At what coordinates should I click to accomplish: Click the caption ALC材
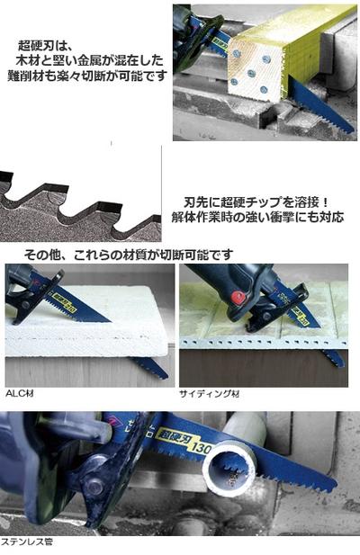tap(20, 393)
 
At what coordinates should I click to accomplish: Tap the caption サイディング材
tap(209, 394)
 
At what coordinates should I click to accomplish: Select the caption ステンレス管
tap(27, 542)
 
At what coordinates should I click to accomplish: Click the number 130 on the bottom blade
tap(201, 447)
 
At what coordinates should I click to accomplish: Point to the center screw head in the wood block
tap(251, 73)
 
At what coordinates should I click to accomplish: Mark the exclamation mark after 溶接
tap(325, 202)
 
